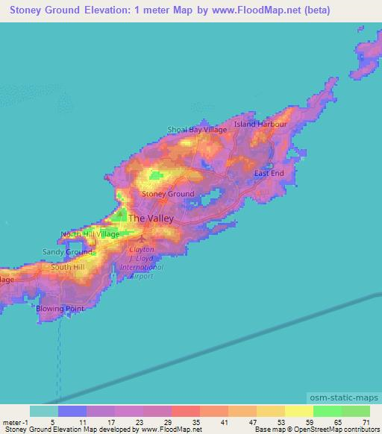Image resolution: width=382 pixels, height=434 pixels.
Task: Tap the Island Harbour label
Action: (260, 124)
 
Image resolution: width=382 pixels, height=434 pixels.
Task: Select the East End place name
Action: (269, 174)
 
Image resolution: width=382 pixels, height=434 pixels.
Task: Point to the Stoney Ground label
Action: (168, 194)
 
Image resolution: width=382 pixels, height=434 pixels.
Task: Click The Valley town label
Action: (151, 218)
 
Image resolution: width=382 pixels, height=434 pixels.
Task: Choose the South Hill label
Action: (68, 267)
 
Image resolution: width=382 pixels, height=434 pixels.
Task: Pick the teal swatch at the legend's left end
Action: (43, 411)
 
